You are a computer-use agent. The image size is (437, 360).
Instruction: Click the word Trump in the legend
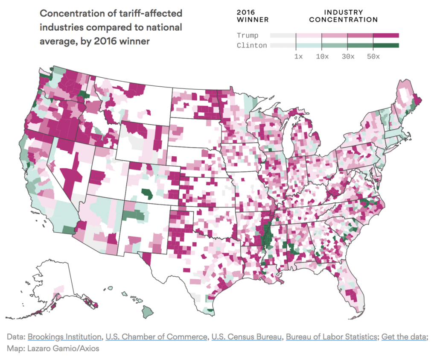pyautogui.click(x=248, y=35)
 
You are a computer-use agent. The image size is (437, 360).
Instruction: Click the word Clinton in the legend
pyautogui.click(x=252, y=45)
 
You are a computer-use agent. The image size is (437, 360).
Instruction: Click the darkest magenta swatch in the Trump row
pyautogui.click(x=386, y=35)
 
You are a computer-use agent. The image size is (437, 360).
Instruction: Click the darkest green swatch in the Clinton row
pyautogui.click(x=386, y=45)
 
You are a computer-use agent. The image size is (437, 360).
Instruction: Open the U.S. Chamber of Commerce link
pyautogui.click(x=156, y=337)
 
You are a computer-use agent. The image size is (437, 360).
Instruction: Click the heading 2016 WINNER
pyautogui.click(x=253, y=16)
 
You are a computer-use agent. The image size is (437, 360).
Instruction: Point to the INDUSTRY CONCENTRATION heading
pyautogui.click(x=343, y=16)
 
